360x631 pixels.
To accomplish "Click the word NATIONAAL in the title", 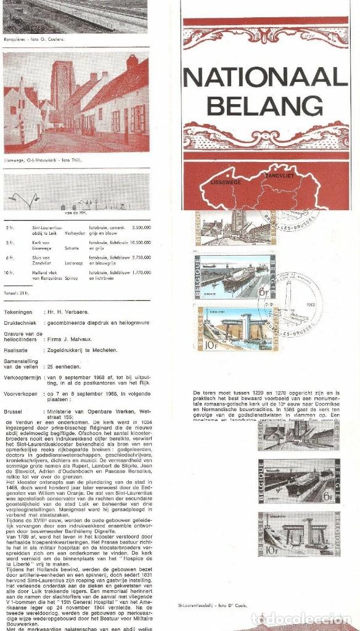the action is (x=265, y=78).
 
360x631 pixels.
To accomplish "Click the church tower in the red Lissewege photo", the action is (x=62, y=86).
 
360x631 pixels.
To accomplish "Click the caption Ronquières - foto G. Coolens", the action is (x=33, y=39).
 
